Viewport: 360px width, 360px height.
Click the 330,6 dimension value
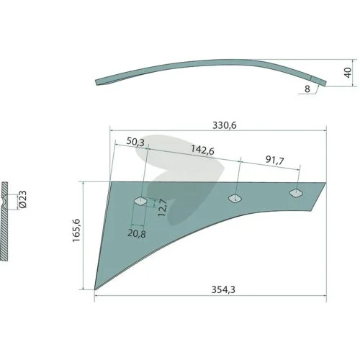pyautogui.click(x=225, y=125)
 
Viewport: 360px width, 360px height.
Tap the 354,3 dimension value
pyautogui.click(x=223, y=289)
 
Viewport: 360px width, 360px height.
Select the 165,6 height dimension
pyautogui.click(x=76, y=230)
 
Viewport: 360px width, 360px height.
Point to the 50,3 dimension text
pyautogui.click(x=135, y=142)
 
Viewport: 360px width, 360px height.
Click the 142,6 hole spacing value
pyautogui.click(x=202, y=150)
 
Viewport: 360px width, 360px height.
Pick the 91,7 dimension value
pyautogui.click(x=275, y=160)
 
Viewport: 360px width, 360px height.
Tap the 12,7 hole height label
pyautogui.click(x=163, y=208)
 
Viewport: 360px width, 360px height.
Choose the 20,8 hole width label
pyautogui.click(x=137, y=233)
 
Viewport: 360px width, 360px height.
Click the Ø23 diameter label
pyautogui.click(x=22, y=199)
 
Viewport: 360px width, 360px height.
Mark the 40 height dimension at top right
pyautogui.click(x=348, y=73)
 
